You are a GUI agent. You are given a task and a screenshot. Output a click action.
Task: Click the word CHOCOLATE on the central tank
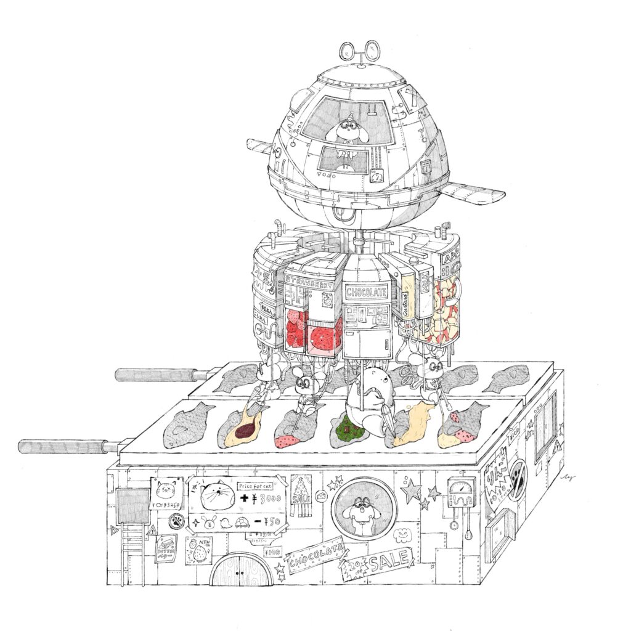(367, 291)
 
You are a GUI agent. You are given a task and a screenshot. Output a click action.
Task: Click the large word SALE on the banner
(388, 561)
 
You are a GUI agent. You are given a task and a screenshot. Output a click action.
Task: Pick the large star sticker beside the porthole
(411, 491)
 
